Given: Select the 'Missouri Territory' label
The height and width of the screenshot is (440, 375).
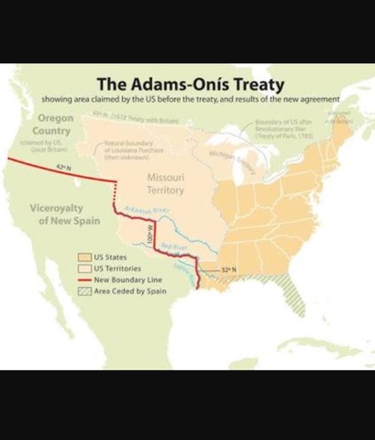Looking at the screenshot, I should click(159, 182).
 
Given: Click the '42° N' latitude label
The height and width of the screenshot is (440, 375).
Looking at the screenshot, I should click(62, 167).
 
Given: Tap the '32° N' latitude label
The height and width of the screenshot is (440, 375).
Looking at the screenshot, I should click(229, 269).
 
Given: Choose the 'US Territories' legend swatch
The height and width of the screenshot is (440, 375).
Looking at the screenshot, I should click(83, 269).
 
